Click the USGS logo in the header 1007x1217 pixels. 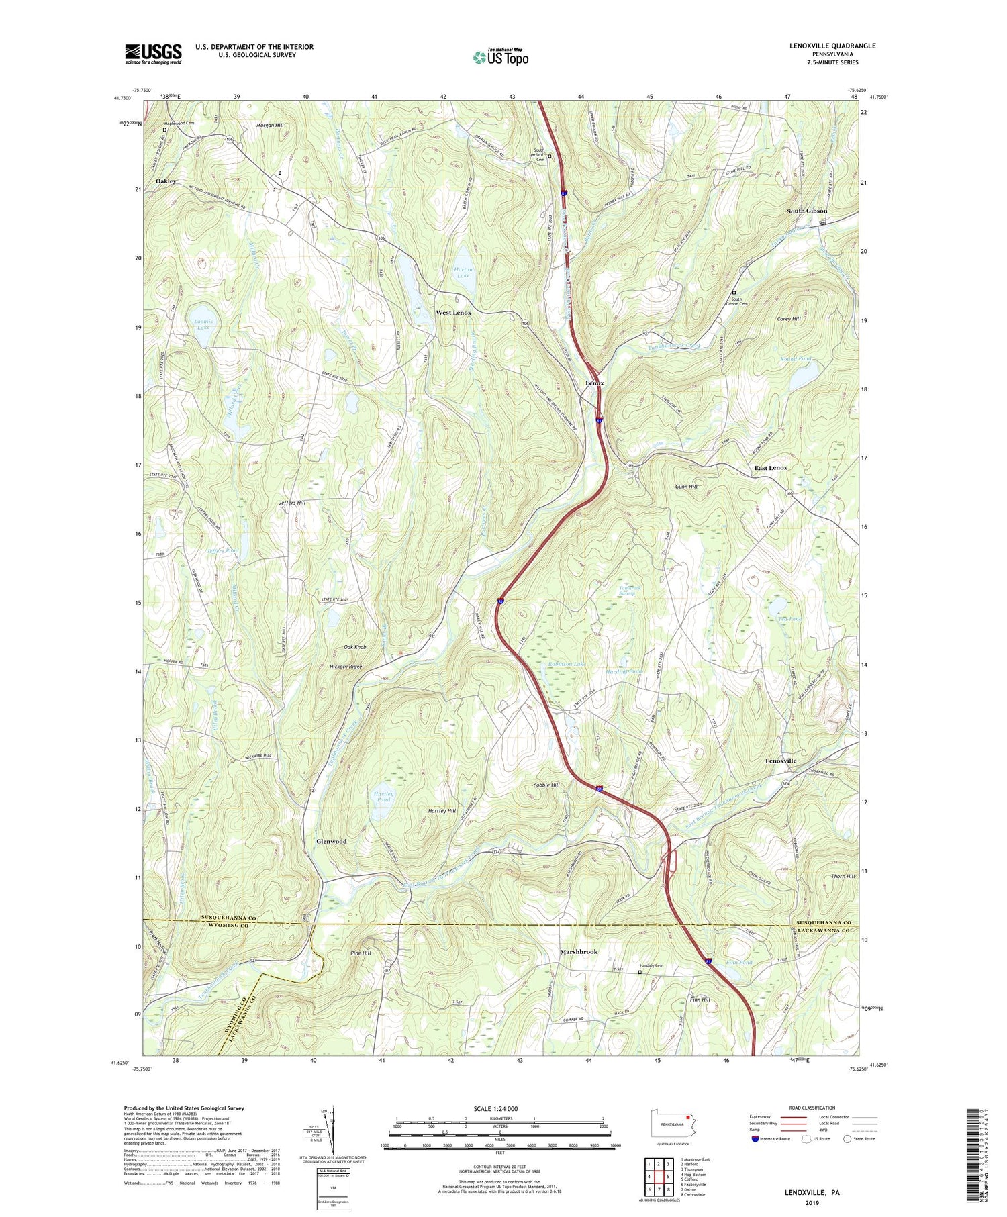tap(153, 54)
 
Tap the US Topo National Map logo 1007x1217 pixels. tap(500, 57)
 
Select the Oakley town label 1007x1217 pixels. tap(166, 181)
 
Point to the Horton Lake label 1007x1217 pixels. tap(463, 273)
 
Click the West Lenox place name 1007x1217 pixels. tap(454, 313)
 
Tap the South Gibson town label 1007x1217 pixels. tap(807, 211)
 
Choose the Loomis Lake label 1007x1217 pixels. tap(203, 324)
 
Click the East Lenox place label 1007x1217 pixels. tap(771, 467)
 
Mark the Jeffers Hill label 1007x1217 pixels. tap(292, 502)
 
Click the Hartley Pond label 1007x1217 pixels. tap(383, 797)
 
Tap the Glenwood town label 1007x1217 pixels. tap(332, 841)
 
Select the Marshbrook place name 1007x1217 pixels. tap(579, 952)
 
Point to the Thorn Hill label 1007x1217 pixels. tap(843, 876)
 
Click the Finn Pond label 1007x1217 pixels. tap(738, 963)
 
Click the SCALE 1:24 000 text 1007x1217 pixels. tap(500, 1108)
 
